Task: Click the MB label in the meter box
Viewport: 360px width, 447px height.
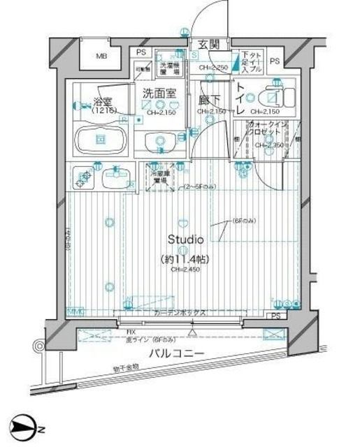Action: (102, 56)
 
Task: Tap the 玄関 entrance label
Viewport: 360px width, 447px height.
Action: (209, 45)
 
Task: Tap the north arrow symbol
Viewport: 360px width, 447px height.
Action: (25, 428)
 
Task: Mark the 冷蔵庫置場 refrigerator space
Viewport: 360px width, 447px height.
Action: (160, 175)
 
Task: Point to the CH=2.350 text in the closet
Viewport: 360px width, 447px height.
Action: (268, 145)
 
